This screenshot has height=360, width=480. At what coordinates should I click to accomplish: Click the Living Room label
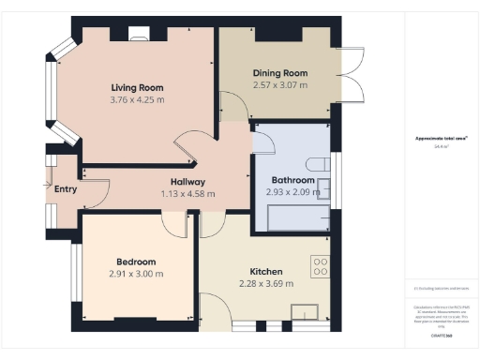(x=137, y=87)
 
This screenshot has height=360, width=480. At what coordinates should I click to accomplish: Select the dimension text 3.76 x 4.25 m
(x=137, y=99)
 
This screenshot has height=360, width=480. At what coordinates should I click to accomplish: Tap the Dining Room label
(x=280, y=73)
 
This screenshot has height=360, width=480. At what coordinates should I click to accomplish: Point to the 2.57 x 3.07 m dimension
(x=280, y=85)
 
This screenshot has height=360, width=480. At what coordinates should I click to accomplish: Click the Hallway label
(x=187, y=182)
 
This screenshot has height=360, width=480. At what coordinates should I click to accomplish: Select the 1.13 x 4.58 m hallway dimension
(x=187, y=194)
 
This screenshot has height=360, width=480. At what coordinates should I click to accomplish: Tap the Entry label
(x=66, y=188)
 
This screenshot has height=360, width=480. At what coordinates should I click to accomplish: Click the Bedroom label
(x=136, y=262)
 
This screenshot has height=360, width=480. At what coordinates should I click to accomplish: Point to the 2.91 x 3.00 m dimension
(x=136, y=274)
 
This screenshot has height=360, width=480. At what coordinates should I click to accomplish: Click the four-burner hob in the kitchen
(x=321, y=265)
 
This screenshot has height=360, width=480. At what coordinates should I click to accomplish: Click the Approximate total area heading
(x=442, y=139)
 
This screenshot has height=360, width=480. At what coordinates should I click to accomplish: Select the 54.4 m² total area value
(x=442, y=146)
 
